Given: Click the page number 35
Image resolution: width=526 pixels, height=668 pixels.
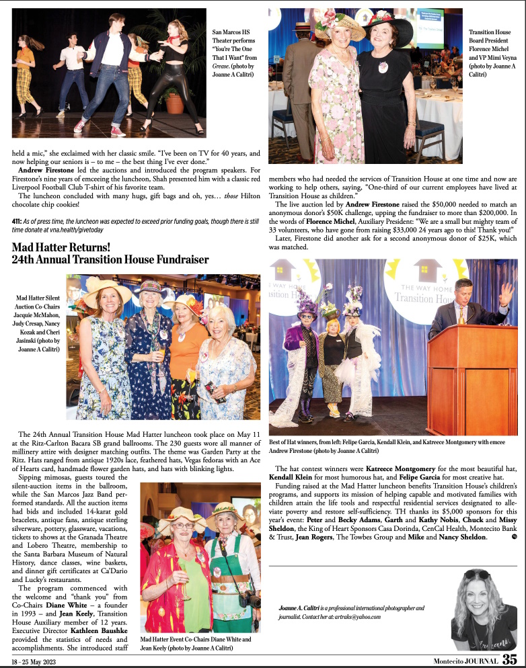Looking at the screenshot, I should pos(510,660).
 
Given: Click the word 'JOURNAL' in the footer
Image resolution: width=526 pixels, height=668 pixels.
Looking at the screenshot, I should pos(478,661).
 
